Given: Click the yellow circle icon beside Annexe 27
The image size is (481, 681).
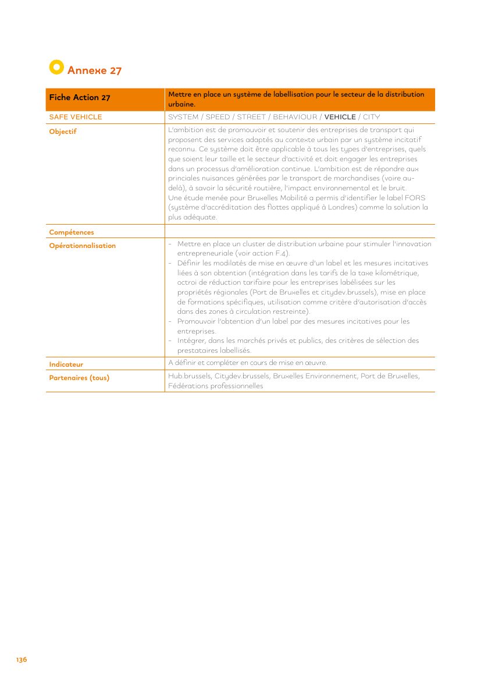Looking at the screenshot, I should point(56,68).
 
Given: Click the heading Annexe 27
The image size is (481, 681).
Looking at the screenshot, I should point(94,70).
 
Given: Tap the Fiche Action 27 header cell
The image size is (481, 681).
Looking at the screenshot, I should point(80,98).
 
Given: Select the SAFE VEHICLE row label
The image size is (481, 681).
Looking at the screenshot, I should point(76,117).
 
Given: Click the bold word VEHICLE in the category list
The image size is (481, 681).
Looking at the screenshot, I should point(340,117).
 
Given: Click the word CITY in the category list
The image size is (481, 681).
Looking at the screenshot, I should point(371,117).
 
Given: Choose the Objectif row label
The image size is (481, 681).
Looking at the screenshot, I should point(63,132).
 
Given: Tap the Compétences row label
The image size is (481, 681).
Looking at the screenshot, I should point(72,232).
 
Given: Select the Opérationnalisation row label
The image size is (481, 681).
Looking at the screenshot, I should point(83,246).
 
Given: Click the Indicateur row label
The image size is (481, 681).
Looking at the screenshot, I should point(66,364).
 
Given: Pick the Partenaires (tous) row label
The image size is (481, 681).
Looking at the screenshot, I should point(79,378).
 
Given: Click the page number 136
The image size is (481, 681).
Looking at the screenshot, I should point(22,659).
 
